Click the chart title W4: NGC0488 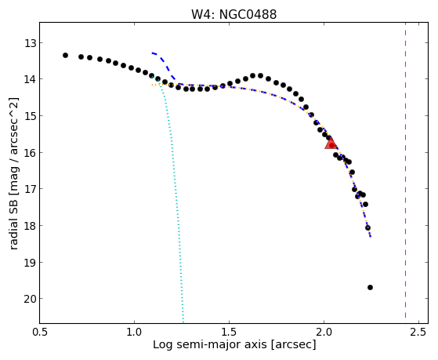coord(233,14)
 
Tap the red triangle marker coord(331,144)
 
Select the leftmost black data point coord(65,55)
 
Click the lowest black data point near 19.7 coord(370,287)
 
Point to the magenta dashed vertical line coord(405,173)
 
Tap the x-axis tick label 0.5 coord(40,332)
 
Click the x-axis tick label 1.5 coord(229,332)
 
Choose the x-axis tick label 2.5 coord(418,332)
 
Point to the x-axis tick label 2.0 coord(324,332)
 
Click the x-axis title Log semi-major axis coord(210,344)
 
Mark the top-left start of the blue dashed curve coord(152,53)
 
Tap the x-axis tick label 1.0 coord(134,332)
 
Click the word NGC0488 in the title coord(248,14)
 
